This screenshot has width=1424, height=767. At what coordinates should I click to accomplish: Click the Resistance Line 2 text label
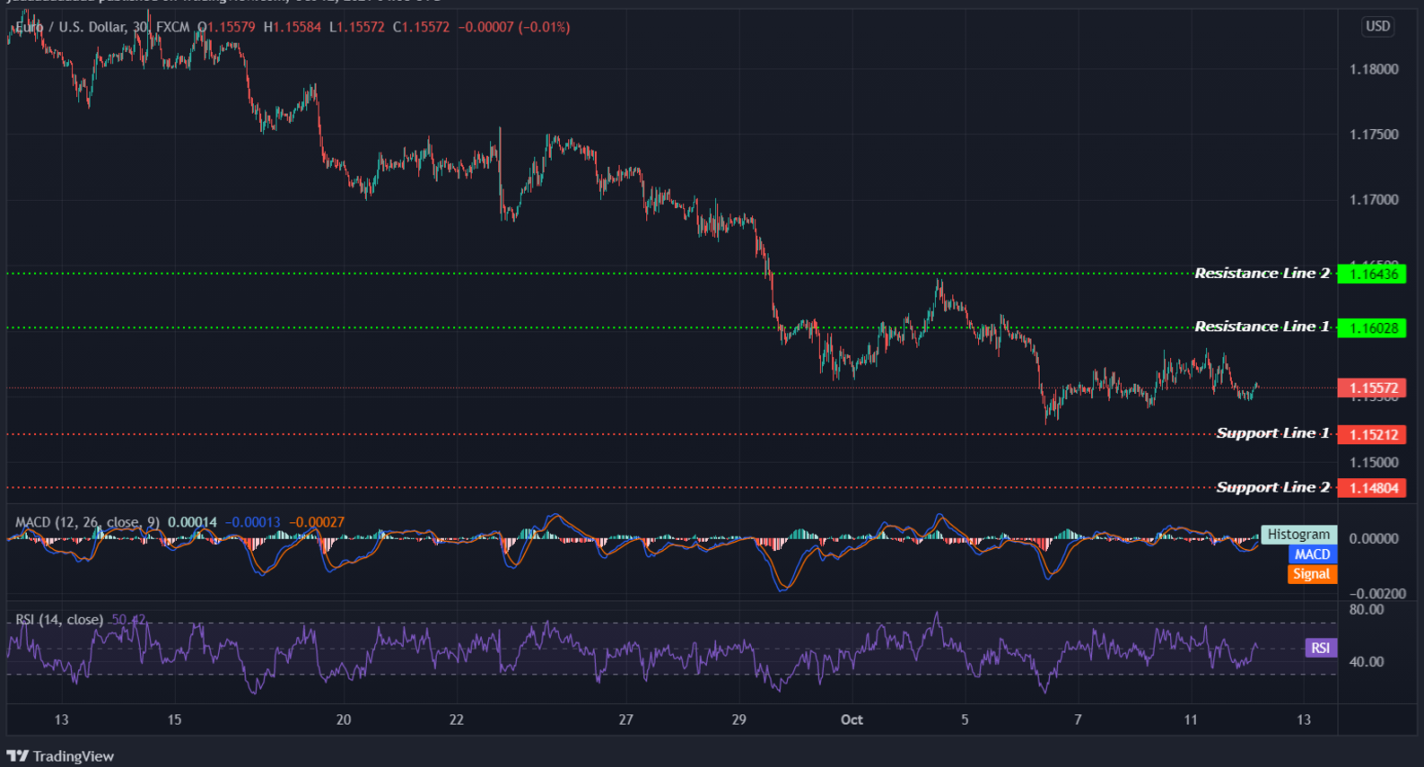pyautogui.click(x=1262, y=273)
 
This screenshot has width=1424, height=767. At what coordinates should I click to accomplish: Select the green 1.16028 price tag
pyautogui.click(x=1372, y=328)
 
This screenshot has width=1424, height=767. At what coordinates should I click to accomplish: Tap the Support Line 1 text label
pyautogui.click(x=1272, y=433)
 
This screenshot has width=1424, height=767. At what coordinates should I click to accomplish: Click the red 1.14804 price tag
pyautogui.click(x=1372, y=488)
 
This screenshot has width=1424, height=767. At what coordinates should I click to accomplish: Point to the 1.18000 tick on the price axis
pyautogui.click(x=1374, y=69)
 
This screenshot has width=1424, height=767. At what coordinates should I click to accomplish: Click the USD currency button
pyautogui.click(x=1377, y=26)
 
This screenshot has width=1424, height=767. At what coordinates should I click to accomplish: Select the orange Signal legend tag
pyautogui.click(x=1311, y=574)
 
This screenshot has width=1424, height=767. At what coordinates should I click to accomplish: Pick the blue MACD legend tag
pyautogui.click(x=1312, y=554)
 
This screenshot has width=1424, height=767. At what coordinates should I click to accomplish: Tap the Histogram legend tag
pyautogui.click(x=1298, y=535)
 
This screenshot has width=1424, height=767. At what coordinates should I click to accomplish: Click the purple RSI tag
pyautogui.click(x=1320, y=648)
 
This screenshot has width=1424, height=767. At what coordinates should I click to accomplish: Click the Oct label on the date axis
pyautogui.click(x=852, y=719)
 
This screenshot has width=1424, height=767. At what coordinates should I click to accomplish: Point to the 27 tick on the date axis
pyautogui.click(x=625, y=719)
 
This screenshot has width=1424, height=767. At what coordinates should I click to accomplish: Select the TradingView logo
pyautogui.click(x=61, y=756)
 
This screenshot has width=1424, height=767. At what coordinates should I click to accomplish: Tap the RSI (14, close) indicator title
pyautogui.click(x=59, y=620)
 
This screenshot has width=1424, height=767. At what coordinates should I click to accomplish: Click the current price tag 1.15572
pyautogui.click(x=1372, y=388)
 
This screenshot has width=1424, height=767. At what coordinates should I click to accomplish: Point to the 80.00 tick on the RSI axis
pyautogui.click(x=1367, y=610)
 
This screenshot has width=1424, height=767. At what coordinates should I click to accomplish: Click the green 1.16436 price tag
pyautogui.click(x=1372, y=274)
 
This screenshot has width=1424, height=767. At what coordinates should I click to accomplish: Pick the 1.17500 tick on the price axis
pyautogui.click(x=1374, y=135)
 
